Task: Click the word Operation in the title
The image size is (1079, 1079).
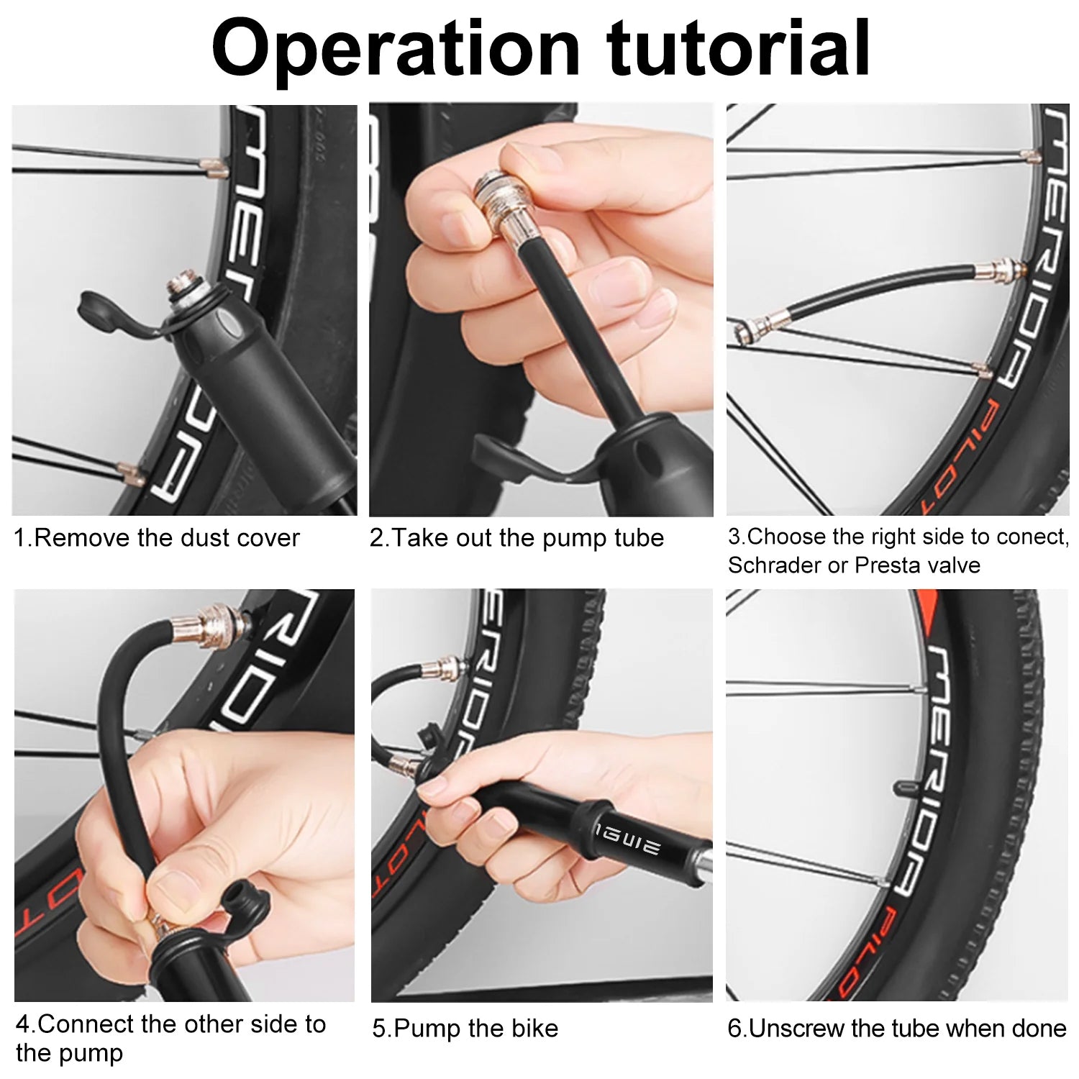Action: (x=396, y=49)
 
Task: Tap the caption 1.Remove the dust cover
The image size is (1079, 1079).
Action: (x=157, y=538)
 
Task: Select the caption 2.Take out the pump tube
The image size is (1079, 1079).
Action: (x=516, y=538)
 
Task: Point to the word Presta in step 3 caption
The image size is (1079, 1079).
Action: (x=886, y=565)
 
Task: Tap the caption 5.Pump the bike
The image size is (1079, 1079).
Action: (x=465, y=1029)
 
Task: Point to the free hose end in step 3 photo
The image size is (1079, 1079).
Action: (x=755, y=327)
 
